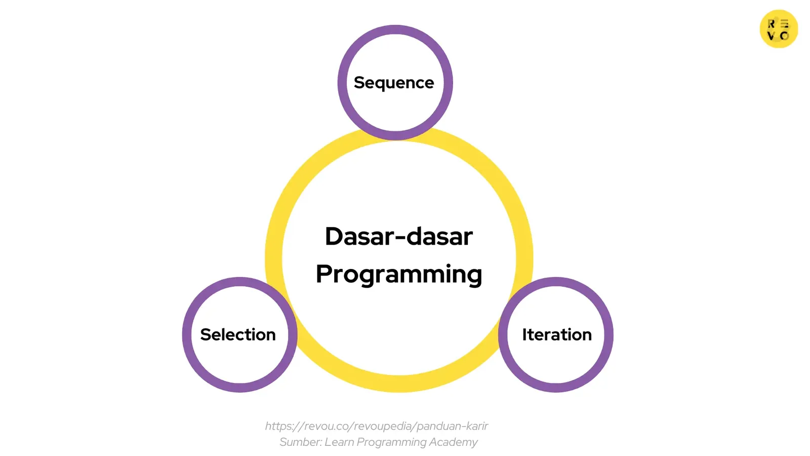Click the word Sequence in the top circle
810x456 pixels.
[x=394, y=83]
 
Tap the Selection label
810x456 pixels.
[x=238, y=334]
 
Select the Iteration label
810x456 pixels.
[x=557, y=334]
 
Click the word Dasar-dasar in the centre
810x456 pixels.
[x=398, y=236]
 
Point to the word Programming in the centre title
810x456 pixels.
[x=399, y=274]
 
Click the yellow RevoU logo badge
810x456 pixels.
[x=779, y=29]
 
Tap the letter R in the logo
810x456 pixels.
[x=772, y=23]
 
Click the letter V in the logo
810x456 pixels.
[x=772, y=35]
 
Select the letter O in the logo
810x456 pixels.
[x=785, y=35]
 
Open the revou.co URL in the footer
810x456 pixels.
[x=376, y=426]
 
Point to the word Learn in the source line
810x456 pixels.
[x=339, y=442]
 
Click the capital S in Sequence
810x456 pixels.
[x=360, y=83]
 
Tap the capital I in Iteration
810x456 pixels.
[x=525, y=334]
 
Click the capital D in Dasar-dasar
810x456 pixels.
[x=335, y=236]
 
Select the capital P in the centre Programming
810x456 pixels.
[x=324, y=274]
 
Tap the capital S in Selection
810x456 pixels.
[x=206, y=334]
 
